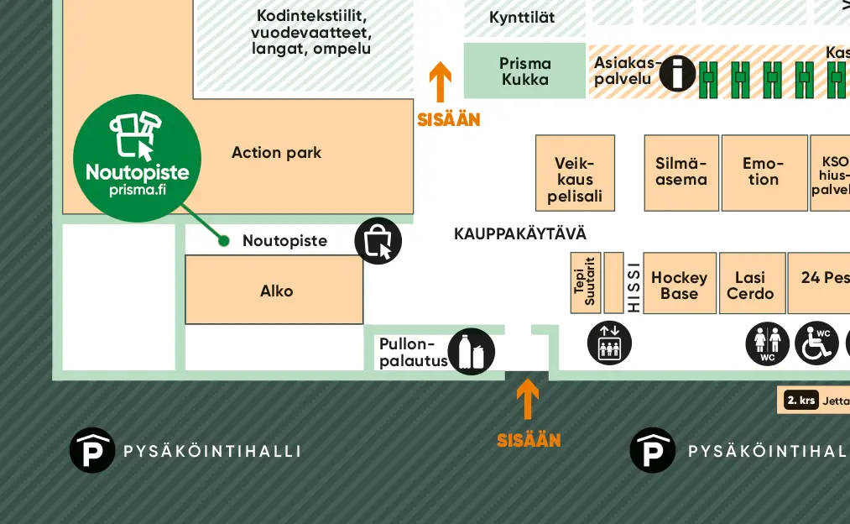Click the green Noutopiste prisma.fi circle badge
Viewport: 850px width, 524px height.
pyautogui.click(x=138, y=158)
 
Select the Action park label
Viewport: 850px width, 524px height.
pyautogui.click(x=276, y=153)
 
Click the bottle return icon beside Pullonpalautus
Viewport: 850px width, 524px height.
pyautogui.click(x=472, y=351)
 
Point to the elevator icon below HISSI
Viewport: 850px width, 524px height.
pyautogui.click(x=609, y=343)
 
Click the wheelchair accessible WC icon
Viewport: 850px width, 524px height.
pyautogui.click(x=816, y=343)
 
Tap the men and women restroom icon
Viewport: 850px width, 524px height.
pyautogui.click(x=768, y=343)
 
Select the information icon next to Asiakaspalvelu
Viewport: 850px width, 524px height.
pyautogui.click(x=677, y=74)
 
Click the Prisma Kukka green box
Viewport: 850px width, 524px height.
pyautogui.click(x=524, y=71)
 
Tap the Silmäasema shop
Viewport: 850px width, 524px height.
pyautogui.click(x=681, y=172)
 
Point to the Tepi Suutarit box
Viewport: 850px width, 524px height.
pyautogui.click(x=585, y=283)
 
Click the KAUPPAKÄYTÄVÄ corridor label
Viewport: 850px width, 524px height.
pyautogui.click(x=520, y=233)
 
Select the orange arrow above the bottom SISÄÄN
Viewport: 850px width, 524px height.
pyautogui.click(x=528, y=400)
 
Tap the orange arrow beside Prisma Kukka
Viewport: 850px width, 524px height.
pyautogui.click(x=441, y=82)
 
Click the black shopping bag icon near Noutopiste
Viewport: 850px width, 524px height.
pyautogui.click(x=378, y=241)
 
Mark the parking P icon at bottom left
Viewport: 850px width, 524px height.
pyautogui.click(x=91, y=450)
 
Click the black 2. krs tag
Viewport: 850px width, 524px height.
pyautogui.click(x=801, y=401)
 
